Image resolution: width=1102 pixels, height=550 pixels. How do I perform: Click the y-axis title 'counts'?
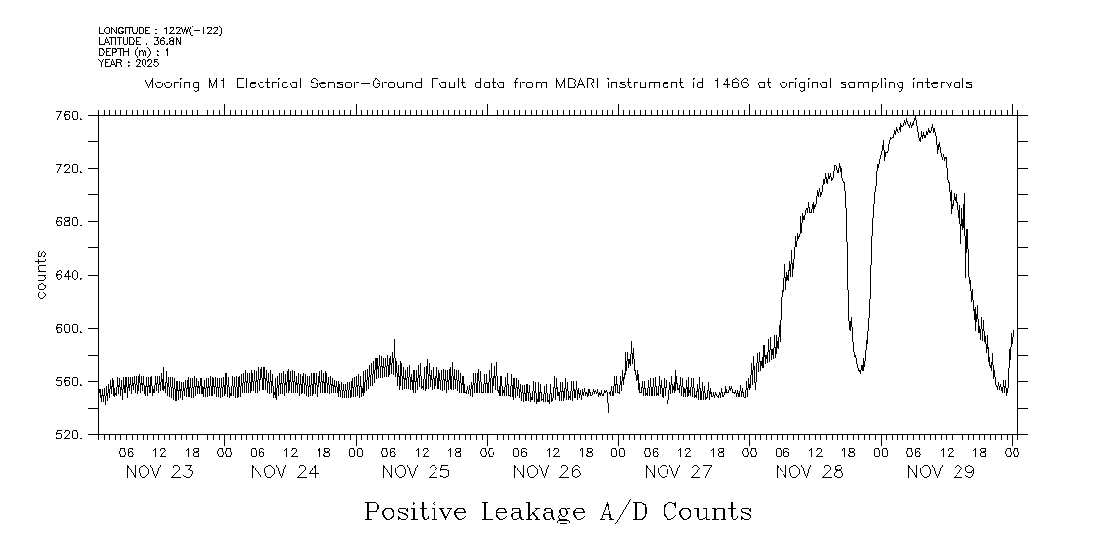(42, 275)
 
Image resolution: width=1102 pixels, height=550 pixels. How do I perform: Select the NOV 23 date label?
(159, 472)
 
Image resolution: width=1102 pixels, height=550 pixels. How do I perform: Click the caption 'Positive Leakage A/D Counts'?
(557, 512)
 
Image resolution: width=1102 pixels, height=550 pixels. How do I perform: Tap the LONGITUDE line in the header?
(160, 31)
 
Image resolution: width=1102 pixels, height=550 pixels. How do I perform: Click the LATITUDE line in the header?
(140, 41)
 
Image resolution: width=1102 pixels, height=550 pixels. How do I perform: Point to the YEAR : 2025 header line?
(128, 63)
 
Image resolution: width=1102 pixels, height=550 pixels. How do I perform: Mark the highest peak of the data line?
(915, 118)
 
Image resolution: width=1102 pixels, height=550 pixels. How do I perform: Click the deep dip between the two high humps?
(860, 371)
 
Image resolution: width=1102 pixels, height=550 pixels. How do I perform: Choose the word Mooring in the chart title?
(173, 84)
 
